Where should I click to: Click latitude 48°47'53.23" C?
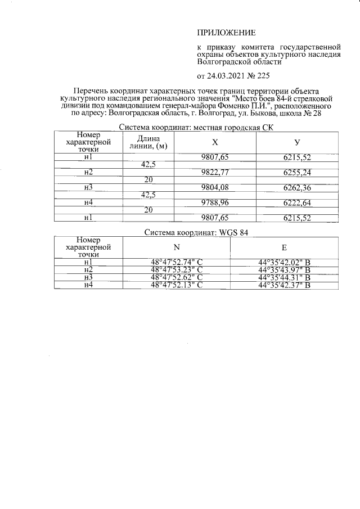[x=176, y=269]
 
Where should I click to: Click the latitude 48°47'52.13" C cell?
[x=176, y=285]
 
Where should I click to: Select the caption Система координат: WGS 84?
[x=196, y=232]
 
